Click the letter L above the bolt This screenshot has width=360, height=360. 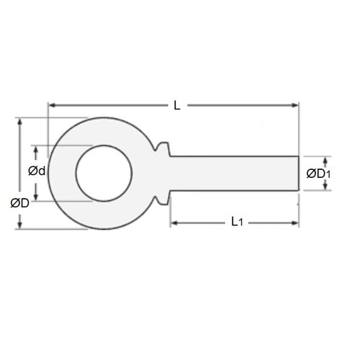[x=177, y=105]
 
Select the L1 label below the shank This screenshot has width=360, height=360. [x=238, y=223]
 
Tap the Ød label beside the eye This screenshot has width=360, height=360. [x=37, y=171]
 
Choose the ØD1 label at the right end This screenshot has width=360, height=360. [x=318, y=174]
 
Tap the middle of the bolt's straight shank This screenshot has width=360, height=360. [x=234, y=173]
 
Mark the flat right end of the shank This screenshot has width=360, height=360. [x=298, y=173]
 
